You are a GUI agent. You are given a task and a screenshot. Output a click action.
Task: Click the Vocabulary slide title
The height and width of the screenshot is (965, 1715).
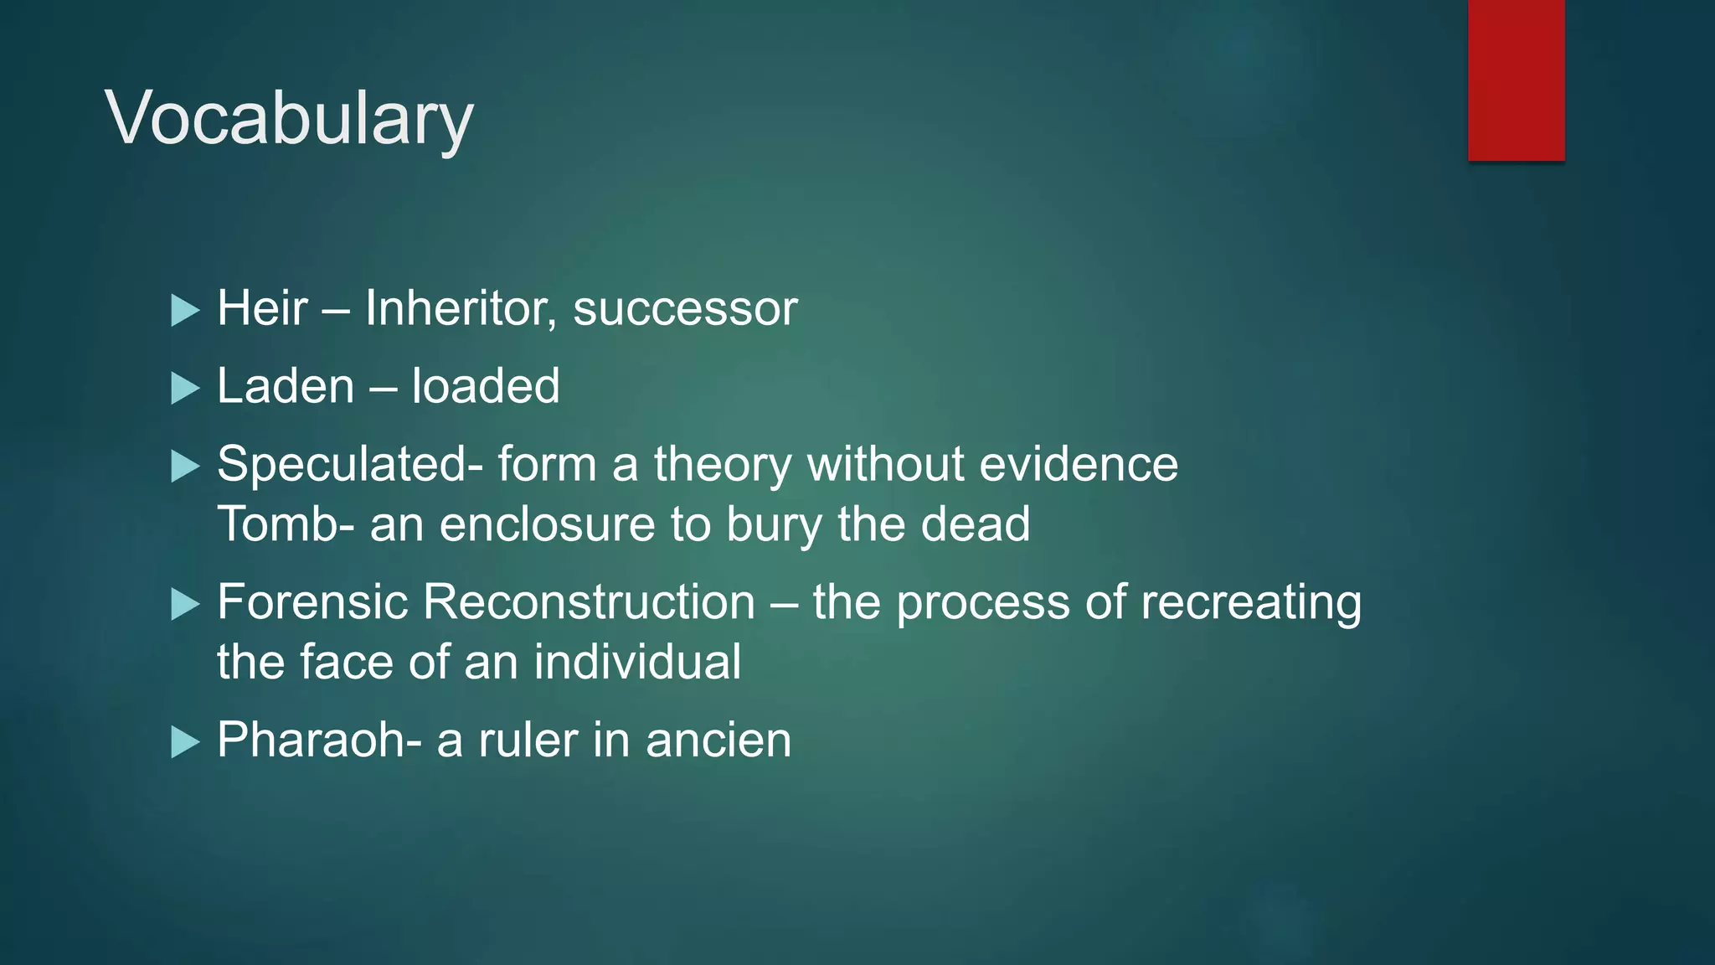pyautogui.click(x=289, y=119)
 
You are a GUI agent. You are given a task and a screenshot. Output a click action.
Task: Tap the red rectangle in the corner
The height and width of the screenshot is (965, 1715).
pyautogui.click(x=1516, y=80)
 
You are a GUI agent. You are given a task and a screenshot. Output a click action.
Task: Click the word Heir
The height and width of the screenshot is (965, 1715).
pyautogui.click(x=262, y=308)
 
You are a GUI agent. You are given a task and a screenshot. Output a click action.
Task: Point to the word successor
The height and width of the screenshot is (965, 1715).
pyautogui.click(x=685, y=308)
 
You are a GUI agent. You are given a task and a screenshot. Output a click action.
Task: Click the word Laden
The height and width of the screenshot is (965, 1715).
pyautogui.click(x=286, y=386)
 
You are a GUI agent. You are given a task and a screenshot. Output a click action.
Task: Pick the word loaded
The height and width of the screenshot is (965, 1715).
pyautogui.click(x=486, y=386)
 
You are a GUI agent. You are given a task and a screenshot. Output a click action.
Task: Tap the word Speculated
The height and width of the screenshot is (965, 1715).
pyautogui.click(x=342, y=464)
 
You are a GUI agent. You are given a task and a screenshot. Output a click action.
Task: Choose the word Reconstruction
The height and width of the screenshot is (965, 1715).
pyautogui.click(x=589, y=602)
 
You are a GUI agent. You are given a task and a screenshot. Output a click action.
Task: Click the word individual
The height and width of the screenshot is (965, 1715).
pyautogui.click(x=637, y=662)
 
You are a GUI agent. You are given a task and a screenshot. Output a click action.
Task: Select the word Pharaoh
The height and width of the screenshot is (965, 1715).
pyautogui.click(x=312, y=741)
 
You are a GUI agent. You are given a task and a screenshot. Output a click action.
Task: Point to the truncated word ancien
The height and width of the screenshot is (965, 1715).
pyautogui.click(x=718, y=741)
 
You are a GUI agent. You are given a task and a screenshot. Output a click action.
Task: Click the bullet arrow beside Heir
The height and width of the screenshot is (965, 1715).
pyautogui.click(x=184, y=310)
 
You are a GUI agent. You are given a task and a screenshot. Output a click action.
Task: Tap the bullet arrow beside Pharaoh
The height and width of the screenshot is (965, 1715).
pyautogui.click(x=184, y=742)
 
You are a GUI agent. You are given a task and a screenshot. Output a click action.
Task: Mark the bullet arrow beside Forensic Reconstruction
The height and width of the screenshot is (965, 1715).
pyautogui.click(x=184, y=604)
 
